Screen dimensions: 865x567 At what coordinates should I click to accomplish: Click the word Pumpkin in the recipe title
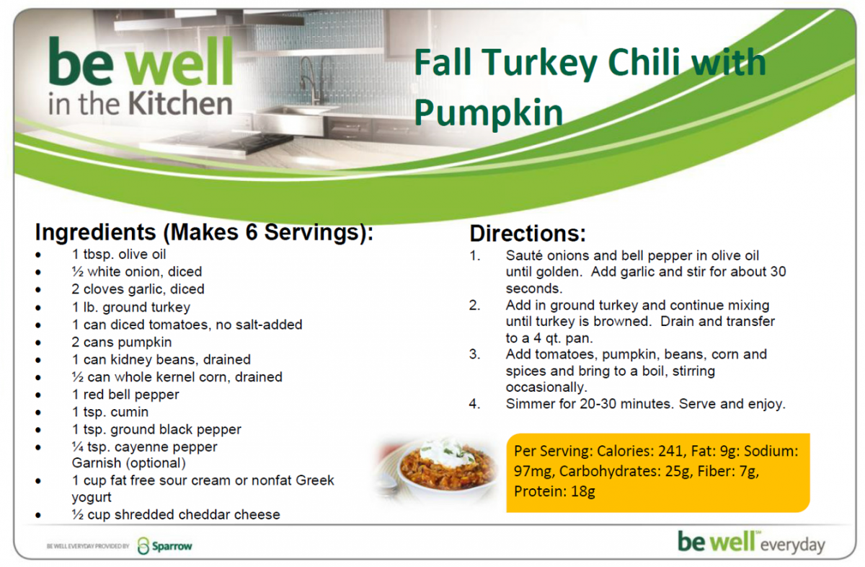pyautogui.click(x=489, y=113)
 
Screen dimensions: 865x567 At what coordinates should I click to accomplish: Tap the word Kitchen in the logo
pyautogui.click(x=180, y=103)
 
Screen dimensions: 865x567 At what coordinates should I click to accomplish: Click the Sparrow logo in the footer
pyautogui.click(x=165, y=546)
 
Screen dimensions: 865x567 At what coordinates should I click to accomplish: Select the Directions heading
pyautogui.click(x=528, y=234)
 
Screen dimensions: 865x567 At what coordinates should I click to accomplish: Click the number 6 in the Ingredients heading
pyautogui.click(x=252, y=232)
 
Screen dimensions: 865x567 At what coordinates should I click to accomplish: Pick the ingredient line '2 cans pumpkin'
pyautogui.click(x=122, y=342)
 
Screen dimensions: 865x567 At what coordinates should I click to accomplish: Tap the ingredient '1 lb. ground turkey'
pyautogui.click(x=131, y=307)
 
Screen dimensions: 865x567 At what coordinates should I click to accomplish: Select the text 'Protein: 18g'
pyautogui.click(x=554, y=491)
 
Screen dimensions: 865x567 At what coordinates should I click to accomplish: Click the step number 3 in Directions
pyautogui.click(x=474, y=354)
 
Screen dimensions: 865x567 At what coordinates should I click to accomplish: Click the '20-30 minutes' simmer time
pyautogui.click(x=626, y=404)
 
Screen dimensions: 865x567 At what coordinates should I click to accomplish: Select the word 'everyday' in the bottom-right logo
pyautogui.click(x=792, y=546)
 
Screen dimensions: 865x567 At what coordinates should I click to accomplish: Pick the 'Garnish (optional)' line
pyautogui.click(x=129, y=463)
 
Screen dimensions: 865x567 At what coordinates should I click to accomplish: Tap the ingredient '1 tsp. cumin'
pyautogui.click(x=110, y=412)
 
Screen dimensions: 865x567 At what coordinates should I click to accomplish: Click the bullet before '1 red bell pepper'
pyautogui.click(x=37, y=395)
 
